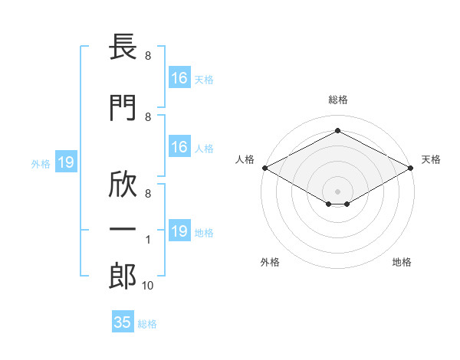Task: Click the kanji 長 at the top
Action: point(123,48)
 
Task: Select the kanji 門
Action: point(123,107)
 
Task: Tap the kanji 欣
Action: point(123,183)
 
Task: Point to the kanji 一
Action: point(123,230)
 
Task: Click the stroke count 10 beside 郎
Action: point(148,286)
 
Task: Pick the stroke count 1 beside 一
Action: point(148,240)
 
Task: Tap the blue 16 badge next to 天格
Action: point(179,78)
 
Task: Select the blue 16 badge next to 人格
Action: point(179,147)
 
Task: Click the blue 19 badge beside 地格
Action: point(179,231)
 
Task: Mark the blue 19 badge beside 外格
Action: point(65,162)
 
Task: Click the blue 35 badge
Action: point(123,322)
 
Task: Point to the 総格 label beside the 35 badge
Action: point(147,324)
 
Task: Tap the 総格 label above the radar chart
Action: point(337,100)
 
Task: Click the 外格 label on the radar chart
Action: point(269,262)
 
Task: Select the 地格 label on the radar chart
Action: point(402,262)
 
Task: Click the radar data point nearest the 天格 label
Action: point(411,168)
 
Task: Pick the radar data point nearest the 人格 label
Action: point(264,168)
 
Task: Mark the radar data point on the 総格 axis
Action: point(337,130)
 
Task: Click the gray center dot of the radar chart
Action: point(337,191)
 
